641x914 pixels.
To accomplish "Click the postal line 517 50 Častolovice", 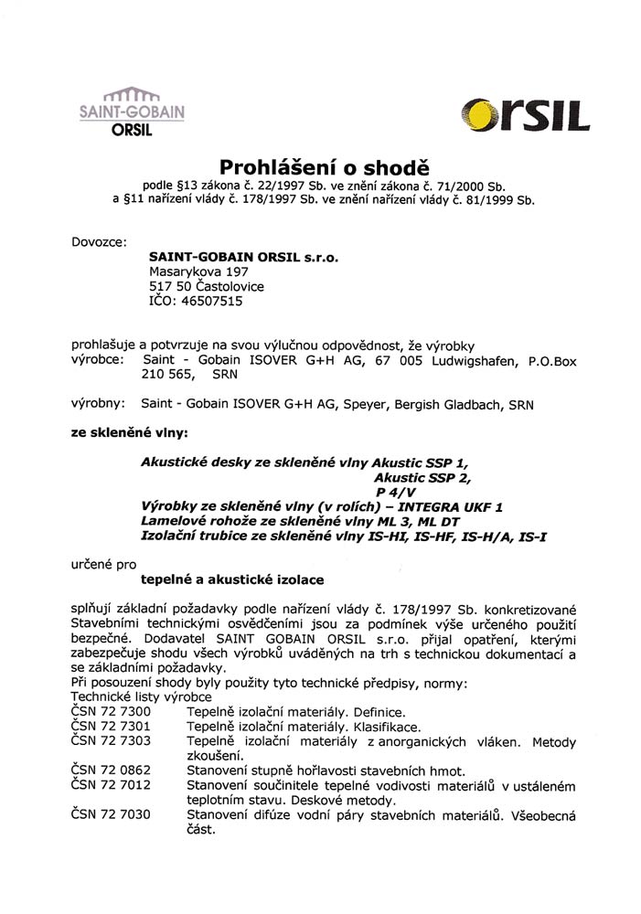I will pos(206,285).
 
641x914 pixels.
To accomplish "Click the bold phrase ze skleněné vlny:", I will pos(129,427).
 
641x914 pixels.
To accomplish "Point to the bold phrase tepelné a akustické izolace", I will pos(231,579).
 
